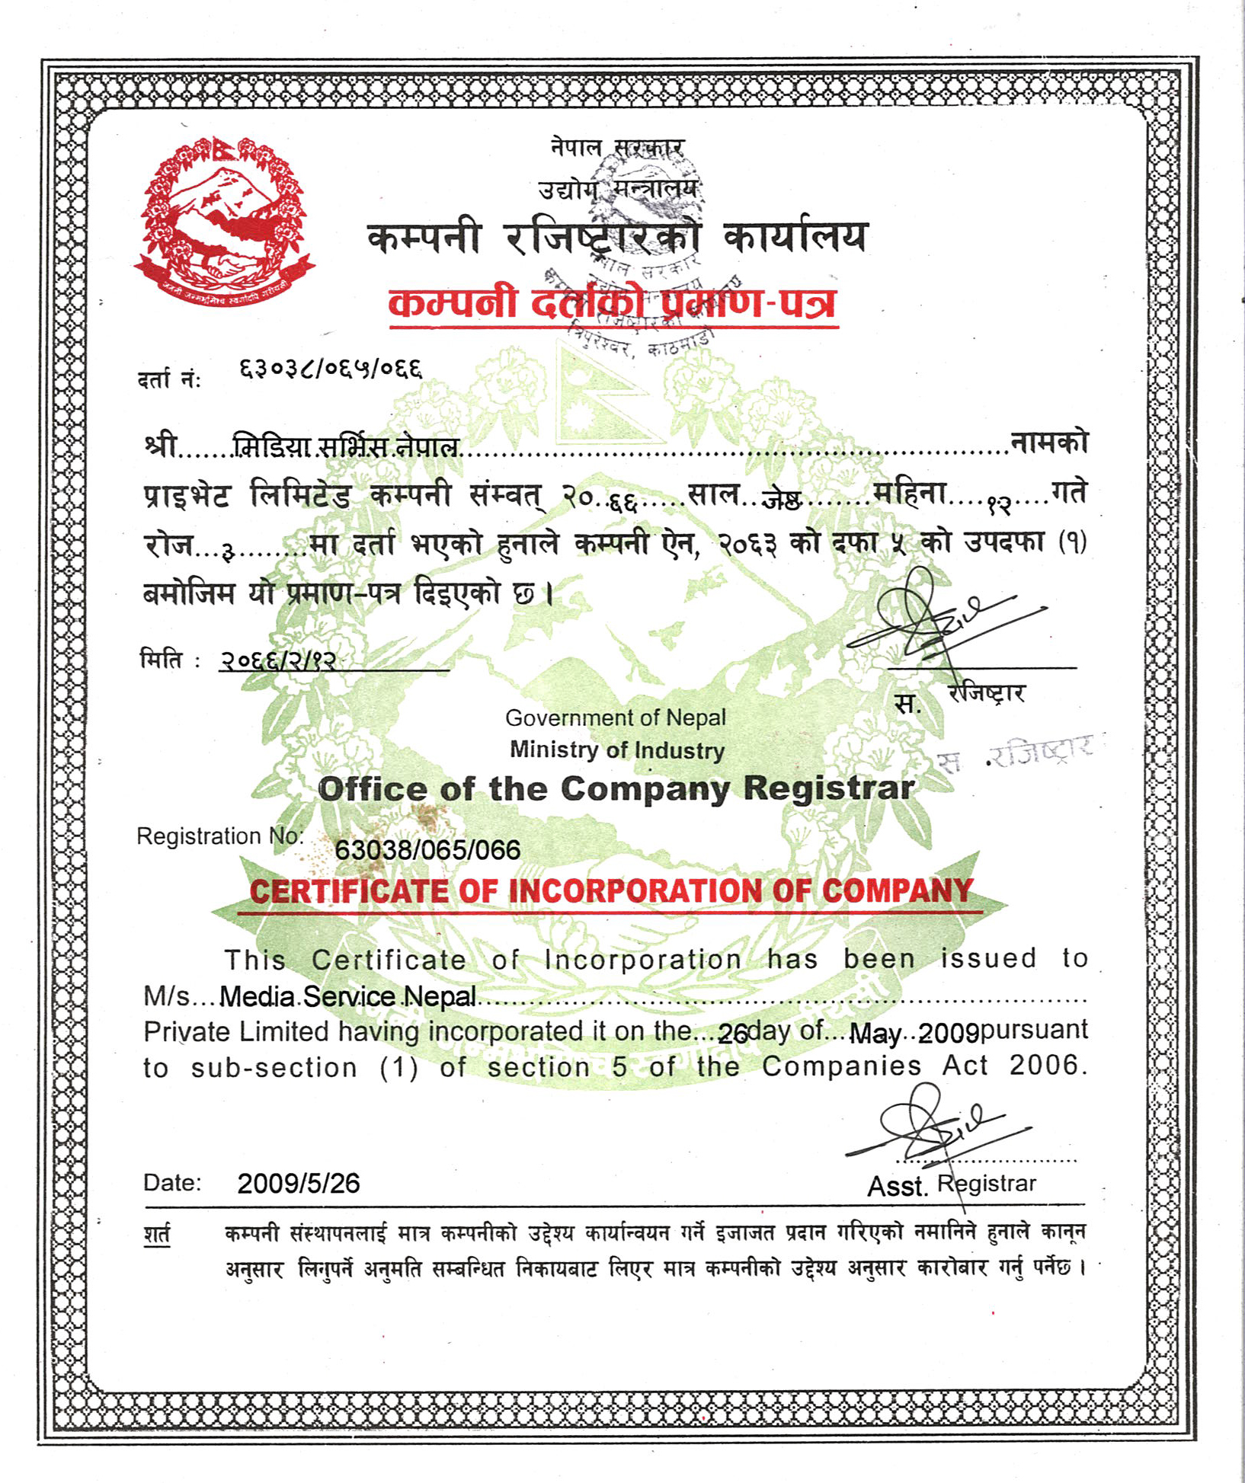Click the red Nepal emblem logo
pyautogui.click(x=225, y=221)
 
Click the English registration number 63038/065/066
pyautogui.click(x=427, y=849)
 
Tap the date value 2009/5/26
pyautogui.click(x=298, y=1183)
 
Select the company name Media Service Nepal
pyautogui.click(x=347, y=996)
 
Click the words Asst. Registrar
pyautogui.click(x=952, y=1185)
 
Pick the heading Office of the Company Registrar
pyautogui.click(x=616, y=788)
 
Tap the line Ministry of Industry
pyautogui.click(x=616, y=750)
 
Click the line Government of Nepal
pyautogui.click(x=616, y=718)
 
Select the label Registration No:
pyautogui.click(x=219, y=836)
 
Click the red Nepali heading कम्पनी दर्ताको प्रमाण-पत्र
pyautogui.click(x=613, y=303)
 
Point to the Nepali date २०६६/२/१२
pyautogui.click(x=278, y=660)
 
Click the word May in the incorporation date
pyautogui.click(x=874, y=1034)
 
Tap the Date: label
pyautogui.click(x=172, y=1183)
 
